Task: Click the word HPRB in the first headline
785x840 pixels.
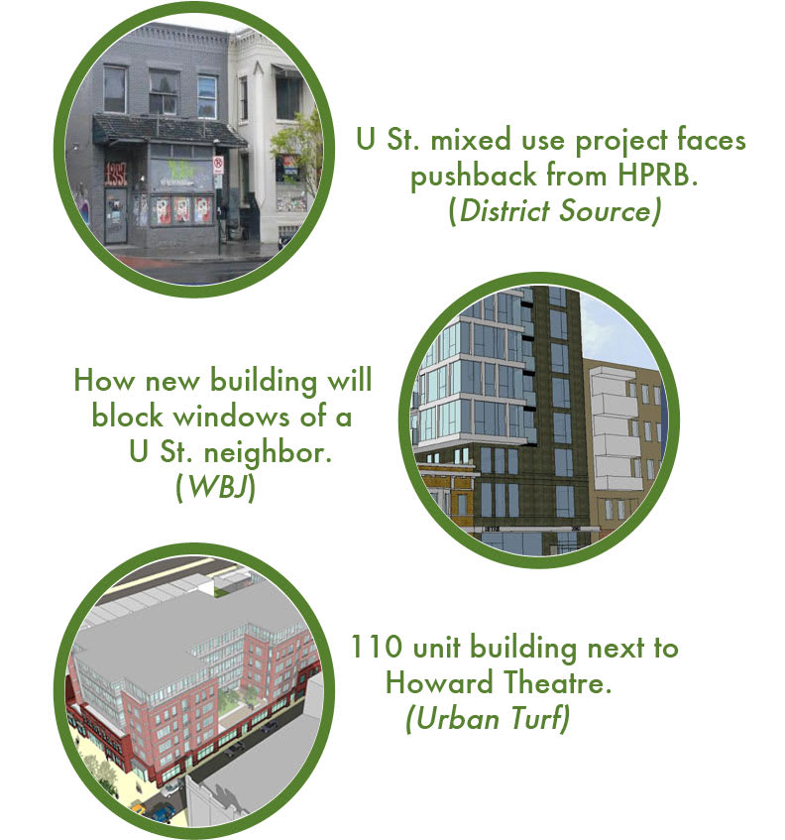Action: pyautogui.click(x=658, y=175)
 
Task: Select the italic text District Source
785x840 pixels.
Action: pyautogui.click(x=555, y=210)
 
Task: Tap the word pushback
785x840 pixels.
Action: pyautogui.click(x=474, y=177)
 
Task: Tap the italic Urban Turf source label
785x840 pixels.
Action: pyautogui.click(x=488, y=718)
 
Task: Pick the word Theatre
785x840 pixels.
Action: pyautogui.click(x=557, y=682)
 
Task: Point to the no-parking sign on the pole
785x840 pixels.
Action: pyautogui.click(x=218, y=166)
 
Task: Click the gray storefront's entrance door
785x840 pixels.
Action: pyautogui.click(x=116, y=215)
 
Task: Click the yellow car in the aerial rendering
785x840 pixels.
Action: pyautogui.click(x=138, y=807)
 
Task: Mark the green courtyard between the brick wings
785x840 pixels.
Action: pyautogui.click(x=237, y=703)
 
